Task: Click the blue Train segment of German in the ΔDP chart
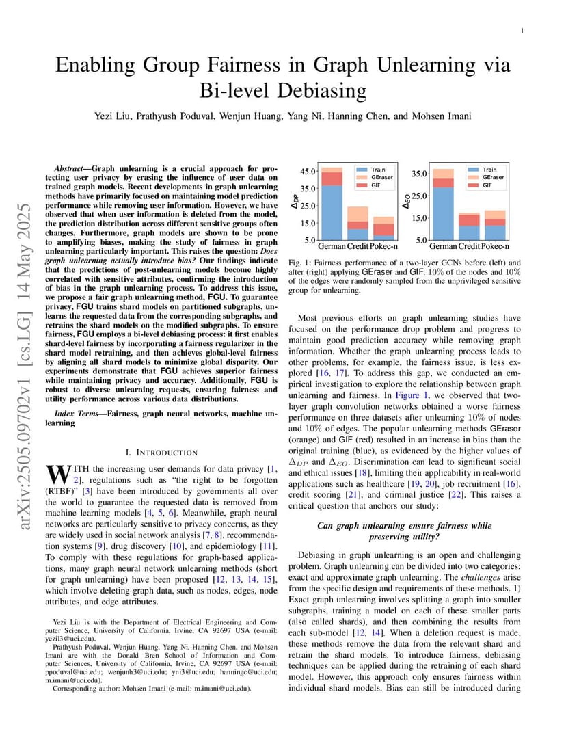[x=332, y=212]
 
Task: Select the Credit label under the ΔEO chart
[x=469, y=245]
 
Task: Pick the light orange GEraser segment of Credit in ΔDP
[x=358, y=213]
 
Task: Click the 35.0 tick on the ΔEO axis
[x=419, y=174]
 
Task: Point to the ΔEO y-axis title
[x=407, y=202]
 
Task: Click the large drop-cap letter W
[x=54, y=474]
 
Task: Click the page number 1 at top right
[x=522, y=30]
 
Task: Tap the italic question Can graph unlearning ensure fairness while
[x=405, y=526]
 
